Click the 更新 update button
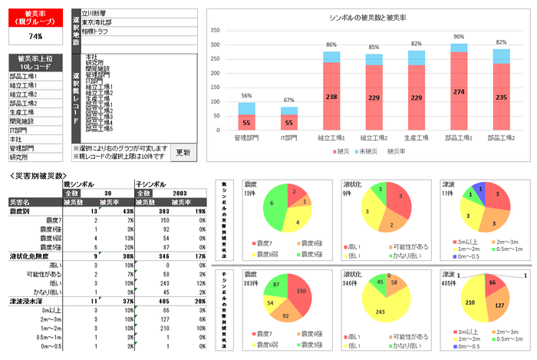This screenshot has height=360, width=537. coord(183,151)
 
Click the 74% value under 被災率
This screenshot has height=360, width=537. coord(35,36)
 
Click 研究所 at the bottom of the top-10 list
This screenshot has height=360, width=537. coord(19,157)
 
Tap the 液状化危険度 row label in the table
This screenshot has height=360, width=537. coord(29,256)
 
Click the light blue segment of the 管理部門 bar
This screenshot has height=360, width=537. coord(247,107)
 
